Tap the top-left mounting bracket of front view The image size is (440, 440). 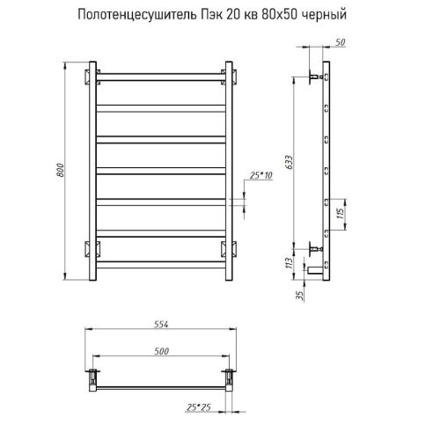point(89,74)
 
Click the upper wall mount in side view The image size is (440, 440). point(313,77)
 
